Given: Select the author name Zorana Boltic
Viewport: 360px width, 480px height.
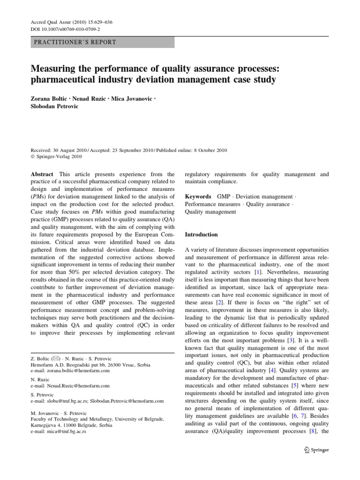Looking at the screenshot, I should (x=48, y=99).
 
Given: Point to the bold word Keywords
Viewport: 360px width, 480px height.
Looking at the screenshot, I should (x=198, y=196).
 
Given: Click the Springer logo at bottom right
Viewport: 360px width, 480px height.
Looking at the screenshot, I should (x=317, y=450).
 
